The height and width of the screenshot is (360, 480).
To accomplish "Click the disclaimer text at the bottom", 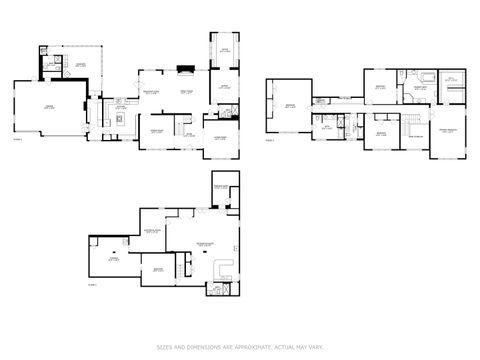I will [239, 347].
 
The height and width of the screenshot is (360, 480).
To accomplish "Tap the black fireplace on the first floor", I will [184, 70].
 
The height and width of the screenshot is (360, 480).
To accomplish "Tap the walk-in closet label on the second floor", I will [451, 80].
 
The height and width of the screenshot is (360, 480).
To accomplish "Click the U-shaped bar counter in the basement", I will [223, 267].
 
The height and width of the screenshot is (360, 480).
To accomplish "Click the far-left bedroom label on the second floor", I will [289, 105].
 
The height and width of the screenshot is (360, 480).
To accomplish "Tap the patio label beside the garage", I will [80, 65].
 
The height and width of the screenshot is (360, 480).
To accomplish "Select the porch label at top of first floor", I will [225, 49].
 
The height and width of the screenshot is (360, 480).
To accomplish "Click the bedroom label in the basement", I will [157, 269].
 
